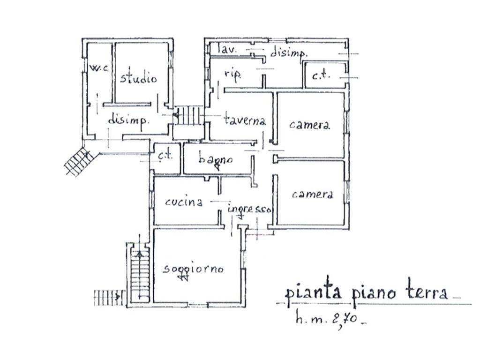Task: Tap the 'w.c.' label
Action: pyautogui.click(x=99, y=68)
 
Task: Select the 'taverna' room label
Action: pyautogui.click(x=245, y=120)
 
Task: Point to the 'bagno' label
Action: pyautogui.click(x=215, y=159)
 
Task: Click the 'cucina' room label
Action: pyautogui.click(x=184, y=202)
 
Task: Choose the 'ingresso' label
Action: pyautogui.click(x=249, y=209)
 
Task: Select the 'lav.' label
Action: pyautogui.click(x=229, y=49)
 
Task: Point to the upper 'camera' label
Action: pyautogui.click(x=309, y=125)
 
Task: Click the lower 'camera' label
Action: pyautogui.click(x=312, y=194)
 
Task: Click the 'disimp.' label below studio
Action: pyautogui.click(x=129, y=120)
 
